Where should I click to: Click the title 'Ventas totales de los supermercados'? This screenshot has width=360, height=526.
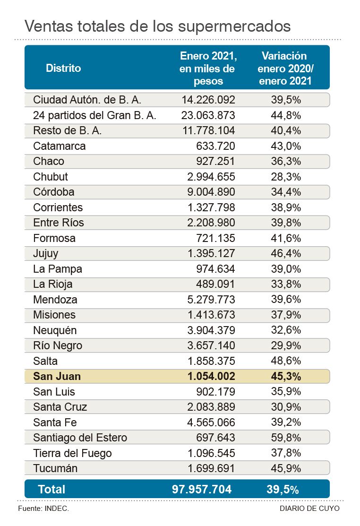tap(157, 26)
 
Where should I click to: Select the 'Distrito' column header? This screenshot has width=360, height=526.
tap(63, 68)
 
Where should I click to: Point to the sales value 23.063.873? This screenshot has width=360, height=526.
tap(208, 115)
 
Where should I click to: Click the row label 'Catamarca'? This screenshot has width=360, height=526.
tap(60, 146)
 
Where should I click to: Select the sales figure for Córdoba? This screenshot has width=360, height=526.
tap(208, 192)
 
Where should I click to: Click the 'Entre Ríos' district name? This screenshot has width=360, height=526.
tap(59, 223)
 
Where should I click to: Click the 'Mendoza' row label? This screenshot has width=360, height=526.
tap(55, 300)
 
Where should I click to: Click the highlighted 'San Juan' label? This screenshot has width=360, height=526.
tap(57, 376)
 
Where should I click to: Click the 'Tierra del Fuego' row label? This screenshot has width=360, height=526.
tap(72, 453)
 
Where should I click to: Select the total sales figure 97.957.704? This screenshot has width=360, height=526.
tap(202, 489)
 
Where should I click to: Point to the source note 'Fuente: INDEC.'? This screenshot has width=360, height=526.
tap(43, 509)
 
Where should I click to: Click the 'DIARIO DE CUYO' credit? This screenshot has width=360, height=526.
tap(309, 509)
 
